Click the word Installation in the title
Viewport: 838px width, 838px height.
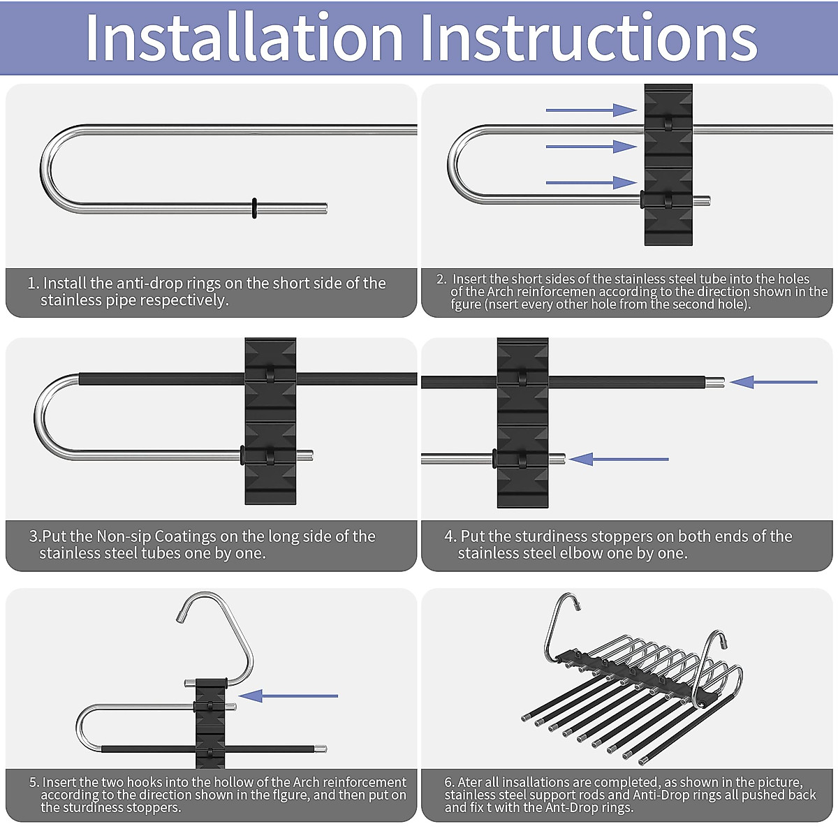[x=244, y=38]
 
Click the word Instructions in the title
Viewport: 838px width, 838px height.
[x=589, y=38]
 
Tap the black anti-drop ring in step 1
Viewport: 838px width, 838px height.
[x=254, y=208]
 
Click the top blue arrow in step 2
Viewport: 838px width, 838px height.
[x=591, y=110]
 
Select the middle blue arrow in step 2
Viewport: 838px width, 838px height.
[x=591, y=147]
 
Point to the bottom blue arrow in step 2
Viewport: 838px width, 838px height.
[x=591, y=183]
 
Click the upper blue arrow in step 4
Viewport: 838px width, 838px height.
[x=774, y=382]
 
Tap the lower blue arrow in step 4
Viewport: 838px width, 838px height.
[x=619, y=459]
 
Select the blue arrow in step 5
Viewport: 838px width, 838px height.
[x=288, y=696]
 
